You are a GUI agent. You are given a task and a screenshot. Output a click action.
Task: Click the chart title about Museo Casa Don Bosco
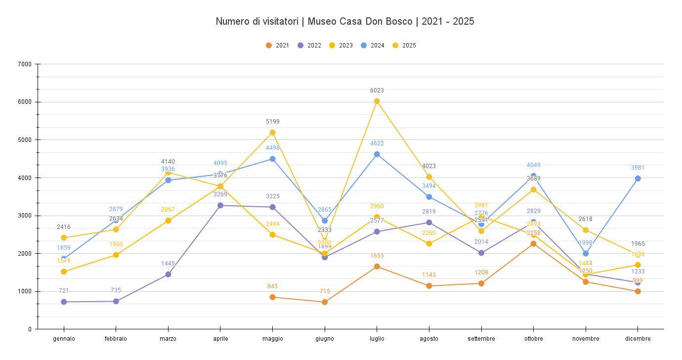[345, 22]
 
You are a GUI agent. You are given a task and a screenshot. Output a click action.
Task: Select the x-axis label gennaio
[64, 339]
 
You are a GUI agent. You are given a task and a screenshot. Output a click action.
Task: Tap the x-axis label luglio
[377, 339]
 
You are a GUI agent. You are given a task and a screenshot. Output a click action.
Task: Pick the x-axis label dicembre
[638, 339]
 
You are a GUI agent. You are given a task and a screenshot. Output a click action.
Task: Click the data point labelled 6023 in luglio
[377, 101]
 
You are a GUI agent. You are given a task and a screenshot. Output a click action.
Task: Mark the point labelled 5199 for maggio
[273, 133]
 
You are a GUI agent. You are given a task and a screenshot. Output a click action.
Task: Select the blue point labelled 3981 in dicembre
[638, 179]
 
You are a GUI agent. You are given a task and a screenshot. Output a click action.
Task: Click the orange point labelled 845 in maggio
[273, 297]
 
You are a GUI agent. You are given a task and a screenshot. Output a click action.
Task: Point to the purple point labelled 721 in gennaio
[64, 302]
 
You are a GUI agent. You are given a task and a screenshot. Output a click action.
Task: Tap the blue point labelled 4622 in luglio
[377, 154]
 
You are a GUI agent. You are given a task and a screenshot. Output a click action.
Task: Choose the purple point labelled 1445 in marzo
[168, 274]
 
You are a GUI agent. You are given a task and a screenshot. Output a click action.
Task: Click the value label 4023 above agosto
[429, 166]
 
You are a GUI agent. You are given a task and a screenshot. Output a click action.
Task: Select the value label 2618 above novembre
[586, 219]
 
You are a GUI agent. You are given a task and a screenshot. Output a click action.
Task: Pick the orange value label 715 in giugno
[325, 291]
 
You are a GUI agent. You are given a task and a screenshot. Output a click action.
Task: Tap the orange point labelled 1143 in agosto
[429, 286]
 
